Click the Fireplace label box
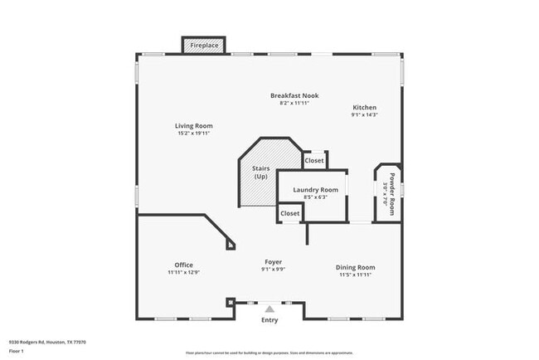[204, 45]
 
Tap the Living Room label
[193, 126]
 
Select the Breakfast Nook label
[294, 95]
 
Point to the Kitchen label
[365, 108]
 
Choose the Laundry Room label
[316, 190]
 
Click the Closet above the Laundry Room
[314, 160]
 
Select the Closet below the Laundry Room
[290, 213]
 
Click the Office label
[184, 265]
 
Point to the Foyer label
[274, 261]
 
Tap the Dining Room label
[356, 267]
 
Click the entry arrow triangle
[269, 309]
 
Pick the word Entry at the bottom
[269, 320]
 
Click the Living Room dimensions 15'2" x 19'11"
[193, 134]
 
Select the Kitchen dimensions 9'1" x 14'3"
[365, 115]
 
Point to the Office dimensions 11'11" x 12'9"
[184, 272]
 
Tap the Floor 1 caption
[17, 351]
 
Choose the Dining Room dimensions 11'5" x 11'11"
[356, 275]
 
